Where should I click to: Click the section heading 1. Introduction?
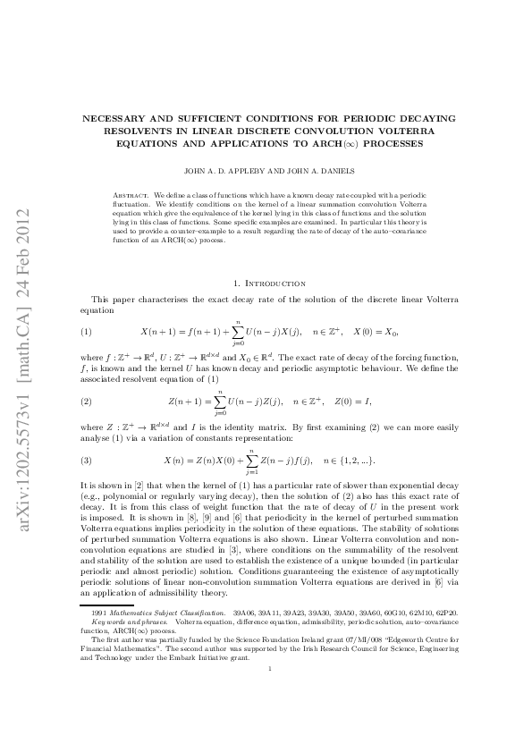(267, 283)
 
